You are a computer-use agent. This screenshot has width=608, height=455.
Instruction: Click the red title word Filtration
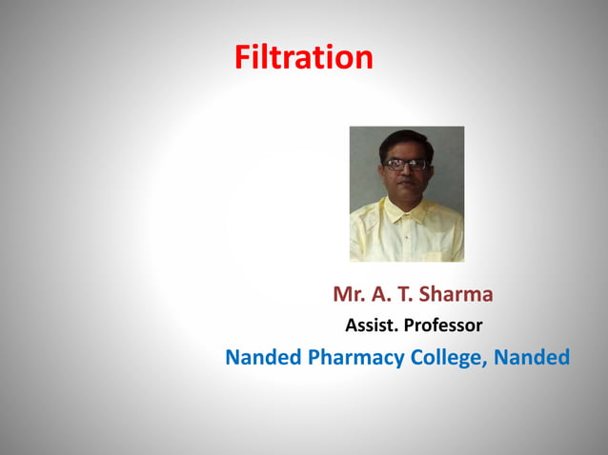[304, 58]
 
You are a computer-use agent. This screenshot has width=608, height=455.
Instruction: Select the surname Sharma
[456, 293]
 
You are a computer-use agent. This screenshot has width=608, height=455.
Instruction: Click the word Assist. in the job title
[372, 326]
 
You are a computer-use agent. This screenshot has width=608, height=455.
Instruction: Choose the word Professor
[443, 326]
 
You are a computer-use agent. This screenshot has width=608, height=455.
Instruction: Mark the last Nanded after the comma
[534, 358]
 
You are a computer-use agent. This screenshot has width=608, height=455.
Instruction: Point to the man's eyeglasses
[405, 165]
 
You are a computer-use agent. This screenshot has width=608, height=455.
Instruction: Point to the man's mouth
[405, 186]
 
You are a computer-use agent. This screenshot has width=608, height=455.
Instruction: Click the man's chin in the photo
[405, 197]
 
